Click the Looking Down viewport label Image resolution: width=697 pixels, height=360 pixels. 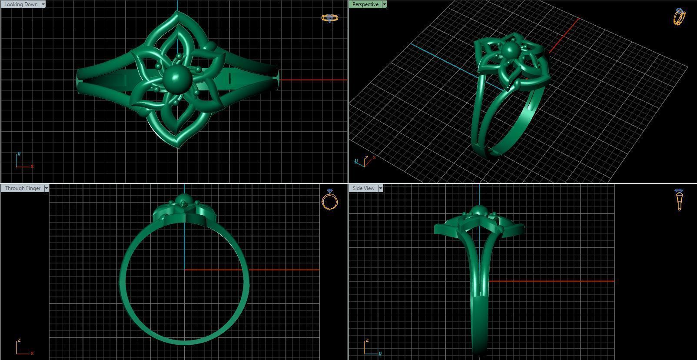click(21, 4)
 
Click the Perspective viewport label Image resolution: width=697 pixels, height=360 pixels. click(365, 4)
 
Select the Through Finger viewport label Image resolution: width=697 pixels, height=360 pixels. click(23, 188)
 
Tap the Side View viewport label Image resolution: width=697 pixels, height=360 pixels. click(363, 188)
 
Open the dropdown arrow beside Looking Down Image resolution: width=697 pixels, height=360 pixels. click(43, 4)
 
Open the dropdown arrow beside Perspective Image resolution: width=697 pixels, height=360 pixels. click(384, 4)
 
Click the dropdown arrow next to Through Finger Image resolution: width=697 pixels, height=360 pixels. click(46, 188)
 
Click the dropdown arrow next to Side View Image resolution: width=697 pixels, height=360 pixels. click(381, 188)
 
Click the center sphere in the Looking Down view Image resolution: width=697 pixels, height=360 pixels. click(177, 79)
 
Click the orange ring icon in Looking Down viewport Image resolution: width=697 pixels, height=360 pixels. click(329, 18)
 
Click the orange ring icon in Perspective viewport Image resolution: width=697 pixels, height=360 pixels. click(679, 17)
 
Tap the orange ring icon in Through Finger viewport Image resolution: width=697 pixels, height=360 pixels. click(330, 200)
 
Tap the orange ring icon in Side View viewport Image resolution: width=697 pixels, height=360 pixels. click(679, 200)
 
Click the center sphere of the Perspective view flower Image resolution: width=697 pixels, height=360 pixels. click(510, 51)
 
